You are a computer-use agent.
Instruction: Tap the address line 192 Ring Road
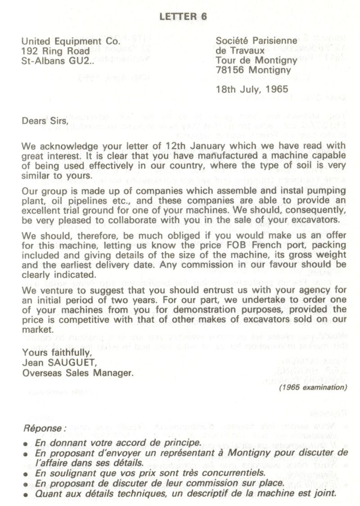[x=55, y=51]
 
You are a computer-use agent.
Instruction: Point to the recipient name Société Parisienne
[x=256, y=41]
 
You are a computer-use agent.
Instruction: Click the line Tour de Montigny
[x=256, y=61]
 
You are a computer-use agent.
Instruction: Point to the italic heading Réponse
[x=45, y=429]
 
